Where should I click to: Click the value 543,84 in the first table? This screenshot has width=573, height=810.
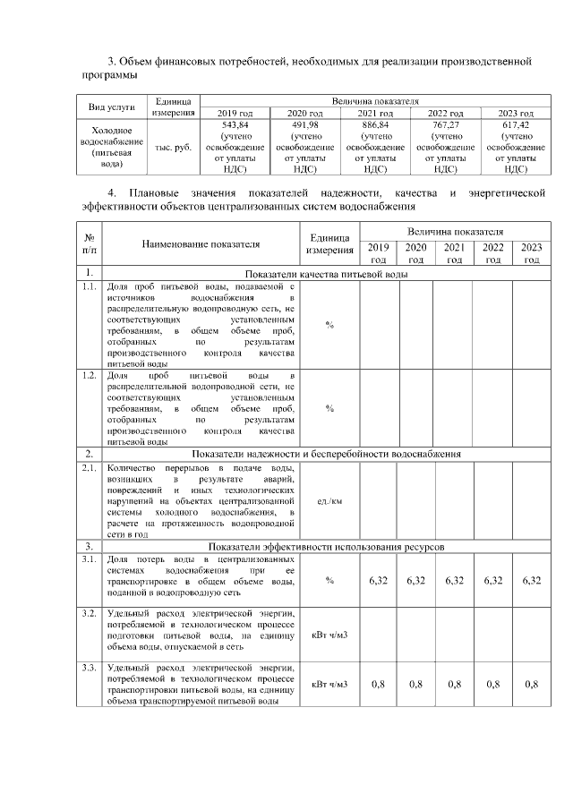(x=235, y=126)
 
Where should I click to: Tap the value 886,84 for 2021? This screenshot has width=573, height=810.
(x=375, y=126)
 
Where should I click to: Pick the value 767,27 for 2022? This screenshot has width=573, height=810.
(x=445, y=126)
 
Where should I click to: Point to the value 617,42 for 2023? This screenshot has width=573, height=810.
(x=515, y=126)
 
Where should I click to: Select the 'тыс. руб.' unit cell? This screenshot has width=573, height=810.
(x=173, y=147)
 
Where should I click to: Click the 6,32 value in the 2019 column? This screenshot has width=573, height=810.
(x=379, y=581)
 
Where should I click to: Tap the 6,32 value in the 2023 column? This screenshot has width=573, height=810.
(x=532, y=581)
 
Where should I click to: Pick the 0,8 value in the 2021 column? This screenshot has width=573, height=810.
(x=455, y=685)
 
